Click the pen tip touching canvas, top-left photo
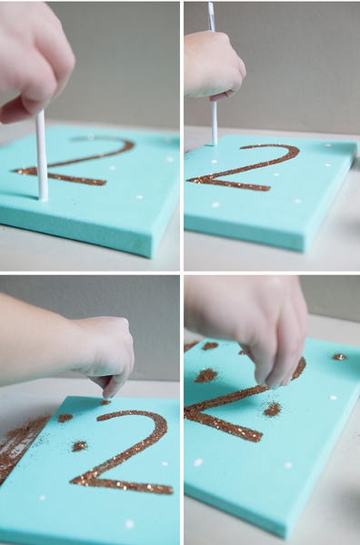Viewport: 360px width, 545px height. point(43,199)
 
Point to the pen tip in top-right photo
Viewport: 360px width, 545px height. point(215,143)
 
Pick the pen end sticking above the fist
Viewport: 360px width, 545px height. point(212,16)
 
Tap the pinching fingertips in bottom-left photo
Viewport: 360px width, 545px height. point(111,391)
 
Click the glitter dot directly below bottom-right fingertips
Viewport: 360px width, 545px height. point(272,410)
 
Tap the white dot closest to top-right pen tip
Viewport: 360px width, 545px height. point(214,162)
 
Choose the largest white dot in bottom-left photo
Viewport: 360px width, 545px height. point(129,524)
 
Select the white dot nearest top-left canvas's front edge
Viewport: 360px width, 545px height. point(139,197)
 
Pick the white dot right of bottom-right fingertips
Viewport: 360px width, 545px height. point(333,397)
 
